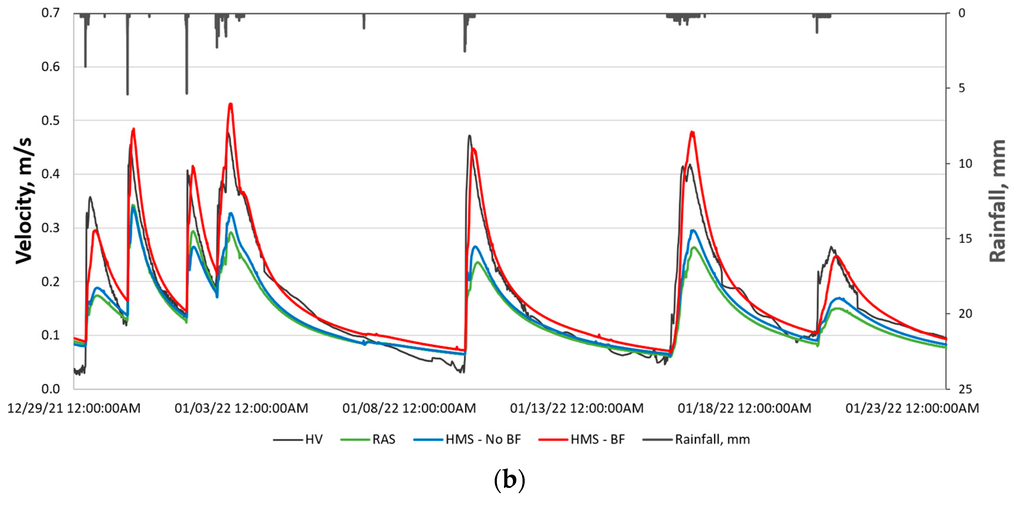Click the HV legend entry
[298, 439]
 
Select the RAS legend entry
[368, 439]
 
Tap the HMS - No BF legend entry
[468, 439]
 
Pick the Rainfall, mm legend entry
[696, 439]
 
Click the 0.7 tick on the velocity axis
[50, 13]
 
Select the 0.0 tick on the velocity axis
[50, 389]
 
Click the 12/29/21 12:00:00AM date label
[74, 408]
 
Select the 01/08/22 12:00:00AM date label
[409, 408]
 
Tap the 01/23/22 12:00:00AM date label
[912, 408]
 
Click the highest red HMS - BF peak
[231, 104]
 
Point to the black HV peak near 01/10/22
[469, 136]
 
